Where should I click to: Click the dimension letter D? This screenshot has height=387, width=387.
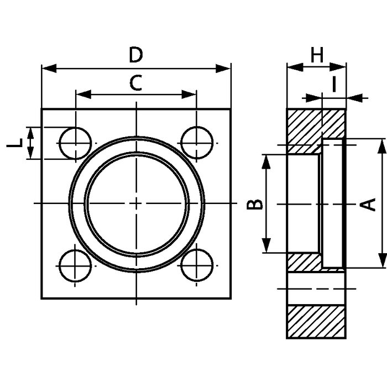[x=136, y=55]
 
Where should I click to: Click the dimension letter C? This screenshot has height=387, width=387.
[x=136, y=83]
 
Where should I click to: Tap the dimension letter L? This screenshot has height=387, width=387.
[x=14, y=143]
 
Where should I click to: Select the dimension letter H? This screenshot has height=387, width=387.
[x=317, y=55]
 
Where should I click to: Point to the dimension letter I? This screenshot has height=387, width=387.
[x=334, y=84]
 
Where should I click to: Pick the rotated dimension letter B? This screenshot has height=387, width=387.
[x=255, y=204]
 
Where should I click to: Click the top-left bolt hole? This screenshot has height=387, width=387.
[x=76, y=143]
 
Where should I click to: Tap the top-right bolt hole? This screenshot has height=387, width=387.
[x=197, y=143]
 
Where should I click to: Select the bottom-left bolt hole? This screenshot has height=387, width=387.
[x=76, y=265]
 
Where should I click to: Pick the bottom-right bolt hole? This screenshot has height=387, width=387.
[x=197, y=265]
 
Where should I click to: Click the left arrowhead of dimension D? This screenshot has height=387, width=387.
[x=49, y=69]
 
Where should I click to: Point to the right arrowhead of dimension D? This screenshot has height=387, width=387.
[x=223, y=69]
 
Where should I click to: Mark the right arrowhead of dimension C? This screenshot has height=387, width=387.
[x=189, y=95]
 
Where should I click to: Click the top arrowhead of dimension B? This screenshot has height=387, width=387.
[x=266, y=162]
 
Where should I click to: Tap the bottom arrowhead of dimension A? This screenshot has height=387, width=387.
[x=382, y=260]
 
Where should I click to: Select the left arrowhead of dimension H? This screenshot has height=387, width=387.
[x=295, y=67]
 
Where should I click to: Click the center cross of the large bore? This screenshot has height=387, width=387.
[x=136, y=203]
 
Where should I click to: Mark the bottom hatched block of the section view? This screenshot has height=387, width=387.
[x=316, y=322]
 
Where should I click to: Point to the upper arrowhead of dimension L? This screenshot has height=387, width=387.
[x=30, y=134]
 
